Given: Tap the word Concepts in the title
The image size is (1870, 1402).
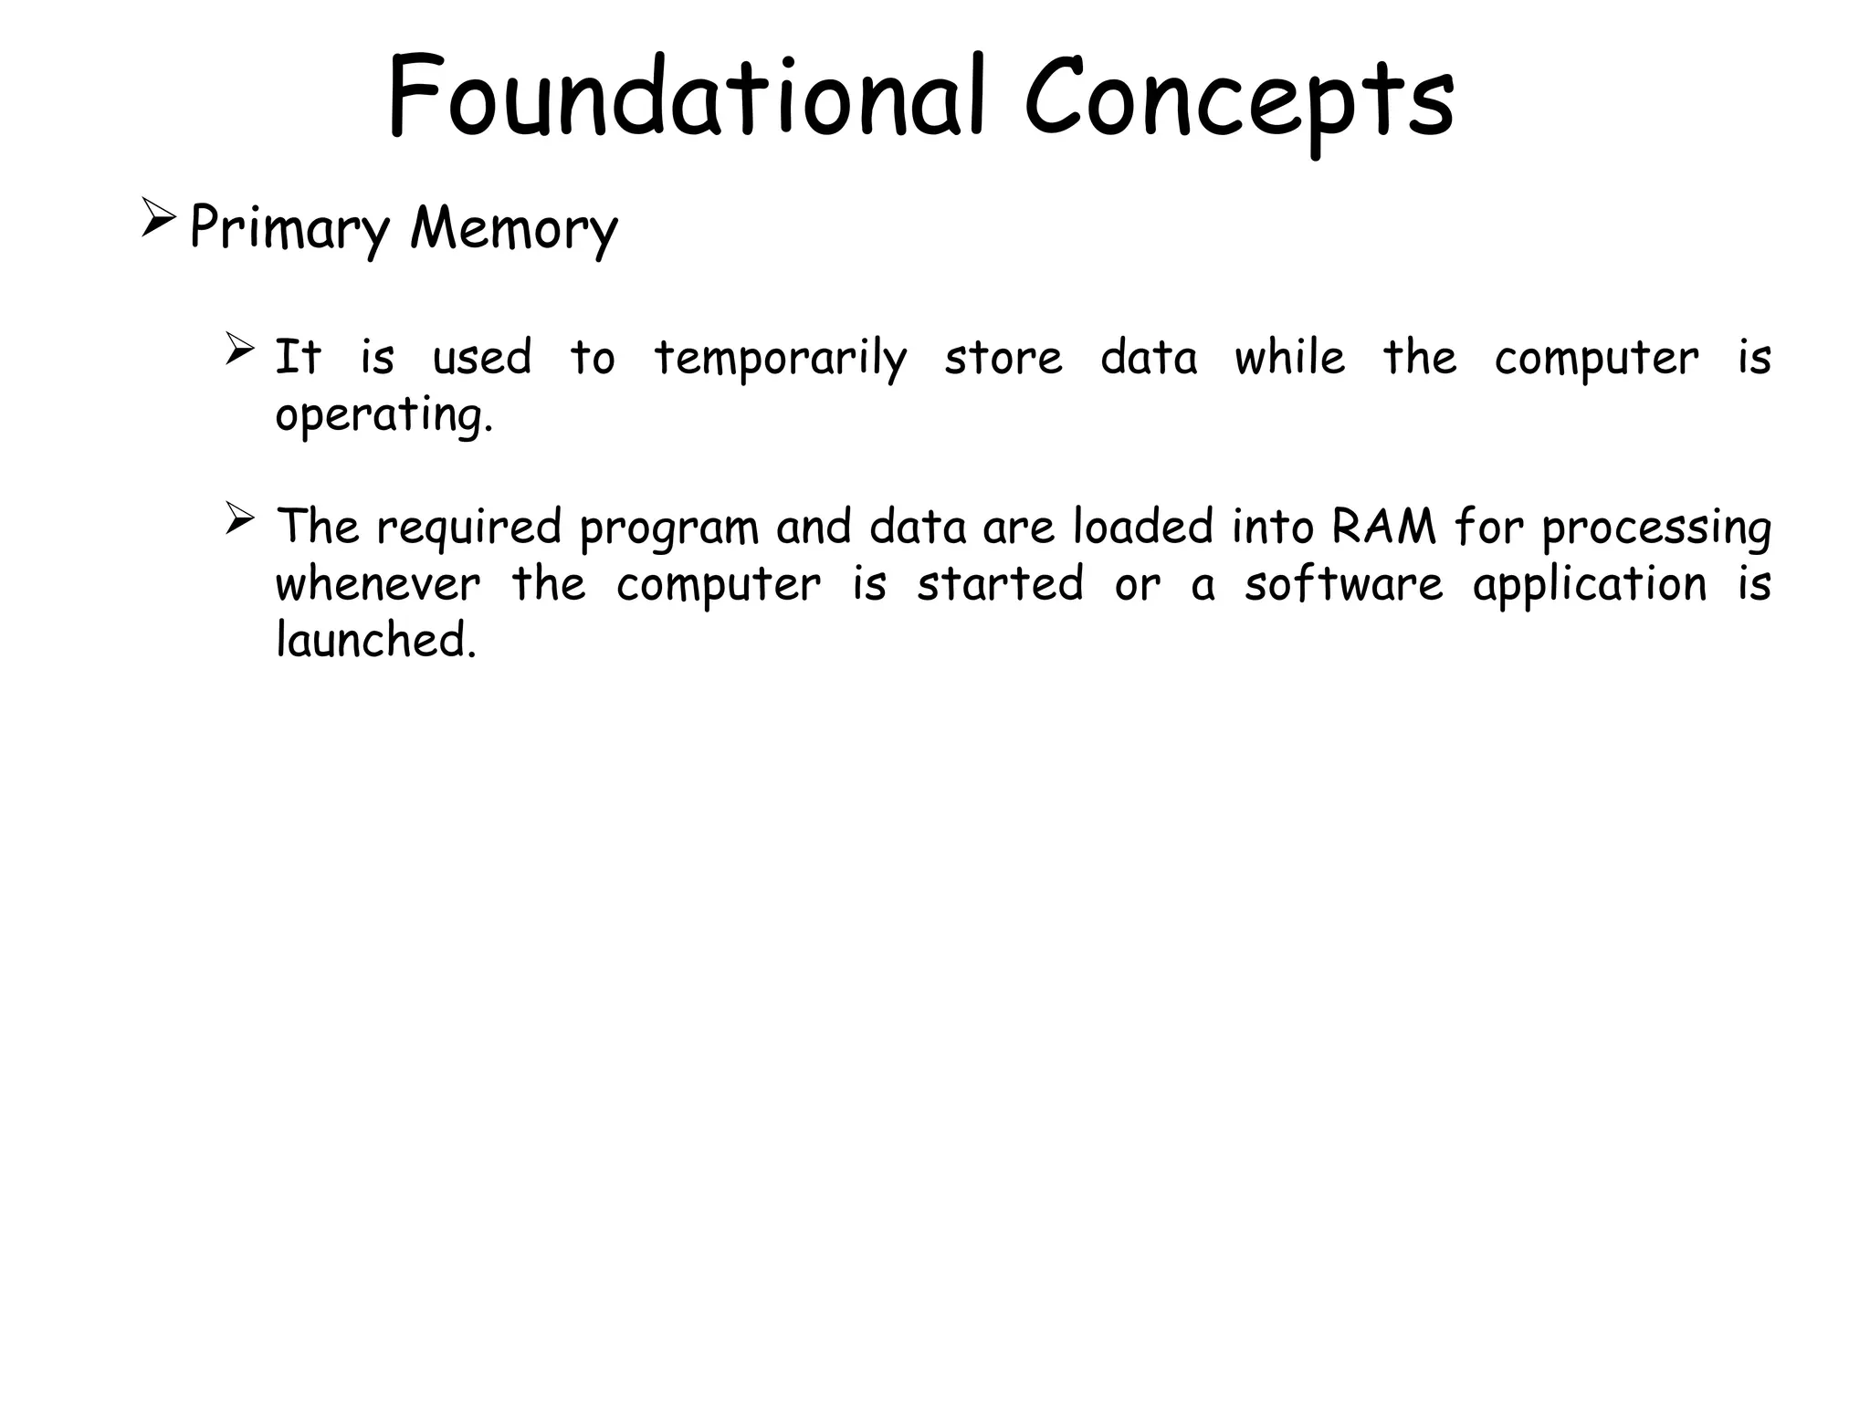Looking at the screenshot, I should coord(1238,100).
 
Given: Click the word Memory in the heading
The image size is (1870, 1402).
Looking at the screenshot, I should coord(514,228).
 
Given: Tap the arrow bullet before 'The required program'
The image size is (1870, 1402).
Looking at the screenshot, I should coord(239,519).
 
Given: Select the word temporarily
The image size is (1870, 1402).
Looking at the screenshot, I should coord(781,359).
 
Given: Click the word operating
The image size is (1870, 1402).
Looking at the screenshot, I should coord(383,416).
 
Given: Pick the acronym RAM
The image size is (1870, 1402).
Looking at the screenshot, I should coord(1383,528).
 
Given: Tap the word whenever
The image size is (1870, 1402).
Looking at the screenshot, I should coord(377,584).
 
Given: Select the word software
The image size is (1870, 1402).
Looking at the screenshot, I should coord(1343,584).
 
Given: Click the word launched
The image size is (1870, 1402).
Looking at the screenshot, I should coord(375,641).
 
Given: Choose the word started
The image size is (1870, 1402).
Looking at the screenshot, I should coord(1000,584).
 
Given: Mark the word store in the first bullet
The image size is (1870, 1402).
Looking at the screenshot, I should coord(1003,358).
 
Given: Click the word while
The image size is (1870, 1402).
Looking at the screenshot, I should coord(1289,357).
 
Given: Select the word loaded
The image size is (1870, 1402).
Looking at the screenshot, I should coord(1142,528).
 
